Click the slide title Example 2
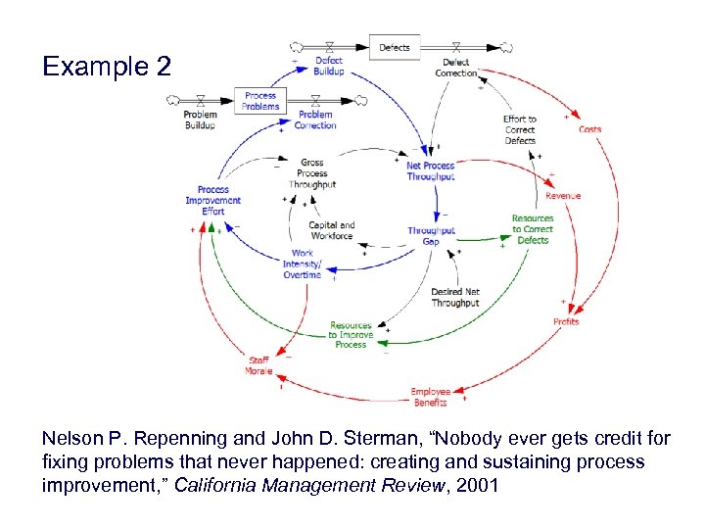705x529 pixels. (107, 67)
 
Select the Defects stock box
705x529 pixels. (395, 47)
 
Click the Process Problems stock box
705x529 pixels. (260, 101)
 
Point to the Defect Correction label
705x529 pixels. (455, 68)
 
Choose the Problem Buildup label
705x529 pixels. (201, 120)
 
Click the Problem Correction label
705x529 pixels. (314, 120)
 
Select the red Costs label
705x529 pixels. (589, 129)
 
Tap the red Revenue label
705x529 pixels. (563, 196)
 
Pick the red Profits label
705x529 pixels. (566, 321)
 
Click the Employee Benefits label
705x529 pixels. (430, 397)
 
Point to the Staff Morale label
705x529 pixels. (258, 365)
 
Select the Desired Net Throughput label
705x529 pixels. (455, 297)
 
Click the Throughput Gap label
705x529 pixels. (431, 236)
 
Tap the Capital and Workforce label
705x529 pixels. (331, 230)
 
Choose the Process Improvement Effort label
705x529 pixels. (212, 200)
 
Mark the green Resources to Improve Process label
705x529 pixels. (351, 335)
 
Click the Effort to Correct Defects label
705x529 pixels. (520, 129)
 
